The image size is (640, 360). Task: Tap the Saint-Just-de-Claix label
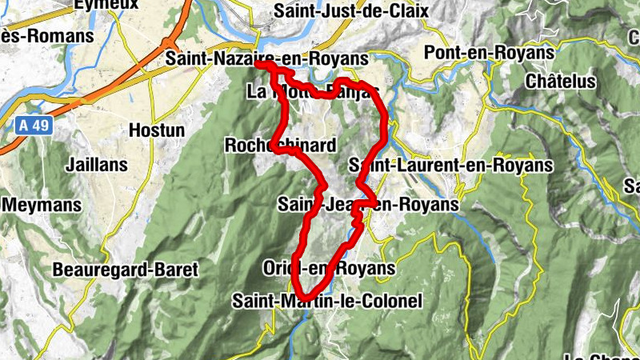pyautogui.click(x=350, y=11)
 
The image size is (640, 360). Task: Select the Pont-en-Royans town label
pyautogui.click(x=490, y=52)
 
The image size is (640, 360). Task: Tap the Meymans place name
pyautogui.click(x=42, y=205)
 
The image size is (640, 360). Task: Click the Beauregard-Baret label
pyautogui.click(x=125, y=270)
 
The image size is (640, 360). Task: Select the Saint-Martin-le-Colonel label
pyautogui.click(x=326, y=301)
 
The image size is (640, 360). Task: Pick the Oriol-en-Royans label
pyautogui.click(x=329, y=268)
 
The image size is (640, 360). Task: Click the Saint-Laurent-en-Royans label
pyautogui.click(x=451, y=165)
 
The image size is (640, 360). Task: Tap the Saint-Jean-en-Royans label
pyautogui.click(x=368, y=205)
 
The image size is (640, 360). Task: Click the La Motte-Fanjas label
pyautogui.click(x=312, y=91)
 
